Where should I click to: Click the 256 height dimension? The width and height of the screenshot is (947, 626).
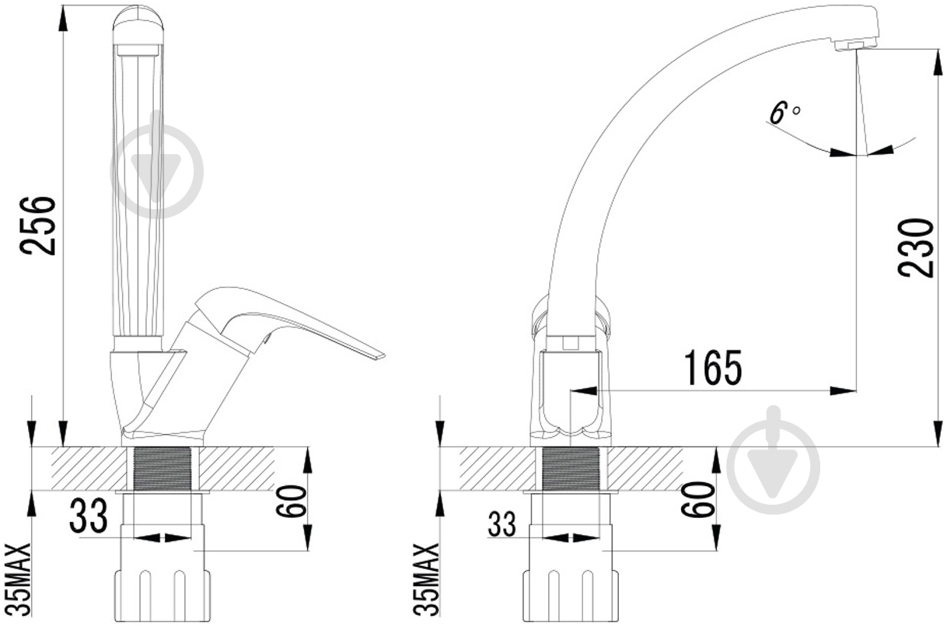(x=37, y=226)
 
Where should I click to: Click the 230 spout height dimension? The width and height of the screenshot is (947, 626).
(x=916, y=248)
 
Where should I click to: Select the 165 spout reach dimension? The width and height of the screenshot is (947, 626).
(x=713, y=368)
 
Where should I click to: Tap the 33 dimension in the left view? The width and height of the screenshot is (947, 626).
(x=89, y=515)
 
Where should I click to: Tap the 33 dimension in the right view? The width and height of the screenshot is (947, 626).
(x=501, y=523)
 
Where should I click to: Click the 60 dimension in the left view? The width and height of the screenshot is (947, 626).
(x=291, y=502)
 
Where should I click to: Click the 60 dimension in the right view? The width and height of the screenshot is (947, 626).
(x=697, y=498)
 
